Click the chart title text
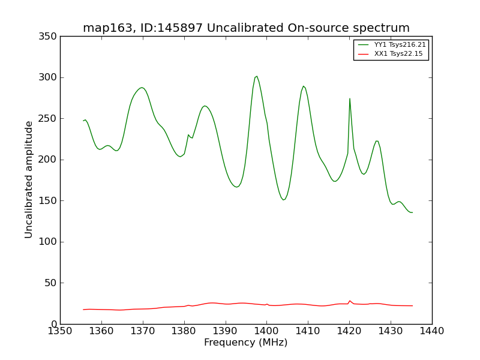[x=246, y=28]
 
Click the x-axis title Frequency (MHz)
[x=245, y=343]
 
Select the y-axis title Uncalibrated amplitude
[x=29, y=179]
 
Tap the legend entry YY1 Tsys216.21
[x=400, y=44]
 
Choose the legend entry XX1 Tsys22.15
[x=398, y=54]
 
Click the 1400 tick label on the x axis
[x=266, y=331]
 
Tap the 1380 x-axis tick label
[x=184, y=331]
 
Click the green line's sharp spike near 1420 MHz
[x=350, y=99]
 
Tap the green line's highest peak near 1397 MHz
[x=257, y=76]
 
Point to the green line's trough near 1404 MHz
[x=284, y=199]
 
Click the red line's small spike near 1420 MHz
[x=350, y=301]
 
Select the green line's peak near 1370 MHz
[x=142, y=88]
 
